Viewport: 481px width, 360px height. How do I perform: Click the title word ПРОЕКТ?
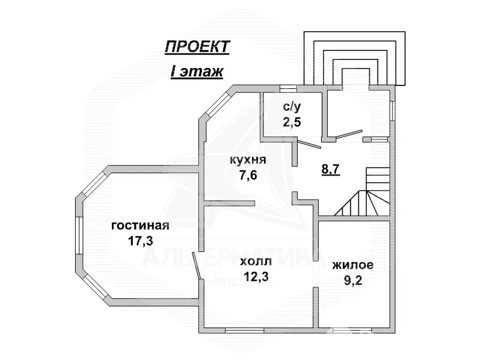197,47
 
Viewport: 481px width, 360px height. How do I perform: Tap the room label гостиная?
140,226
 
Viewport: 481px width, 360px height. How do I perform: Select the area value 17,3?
139,240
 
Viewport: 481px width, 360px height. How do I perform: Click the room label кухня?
248,160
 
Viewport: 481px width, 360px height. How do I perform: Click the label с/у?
292,108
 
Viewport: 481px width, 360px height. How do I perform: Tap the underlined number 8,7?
331,169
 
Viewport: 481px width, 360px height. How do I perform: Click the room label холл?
256,262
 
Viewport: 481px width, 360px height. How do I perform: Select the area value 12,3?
256,276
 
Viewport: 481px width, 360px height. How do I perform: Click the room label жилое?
354,265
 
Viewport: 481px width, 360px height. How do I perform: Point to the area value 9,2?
354,279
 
